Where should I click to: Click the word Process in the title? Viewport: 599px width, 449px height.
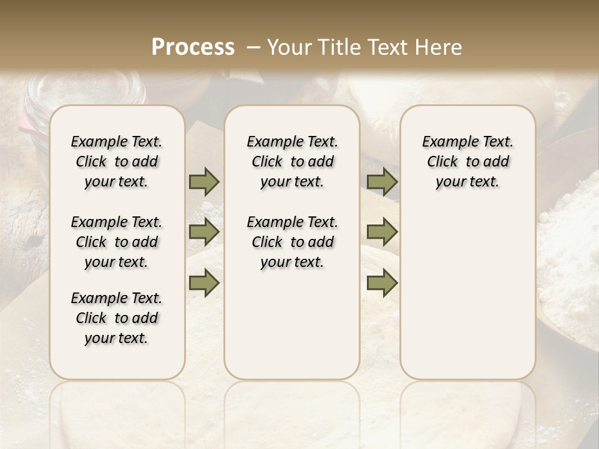click(193, 47)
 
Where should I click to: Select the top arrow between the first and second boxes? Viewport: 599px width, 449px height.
click(204, 182)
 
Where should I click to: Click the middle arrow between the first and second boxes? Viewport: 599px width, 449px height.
click(204, 232)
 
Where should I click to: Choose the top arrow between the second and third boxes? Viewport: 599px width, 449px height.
click(382, 182)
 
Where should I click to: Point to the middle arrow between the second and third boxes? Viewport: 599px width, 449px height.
click(382, 232)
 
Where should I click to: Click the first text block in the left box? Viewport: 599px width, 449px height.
click(117, 162)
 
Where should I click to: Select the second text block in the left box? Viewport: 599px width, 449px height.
click(117, 242)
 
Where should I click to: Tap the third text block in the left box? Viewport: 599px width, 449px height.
click(117, 318)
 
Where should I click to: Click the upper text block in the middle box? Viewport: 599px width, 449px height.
click(292, 162)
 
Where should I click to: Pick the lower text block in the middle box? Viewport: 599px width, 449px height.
click(292, 242)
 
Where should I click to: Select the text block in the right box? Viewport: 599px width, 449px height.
click(467, 162)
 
